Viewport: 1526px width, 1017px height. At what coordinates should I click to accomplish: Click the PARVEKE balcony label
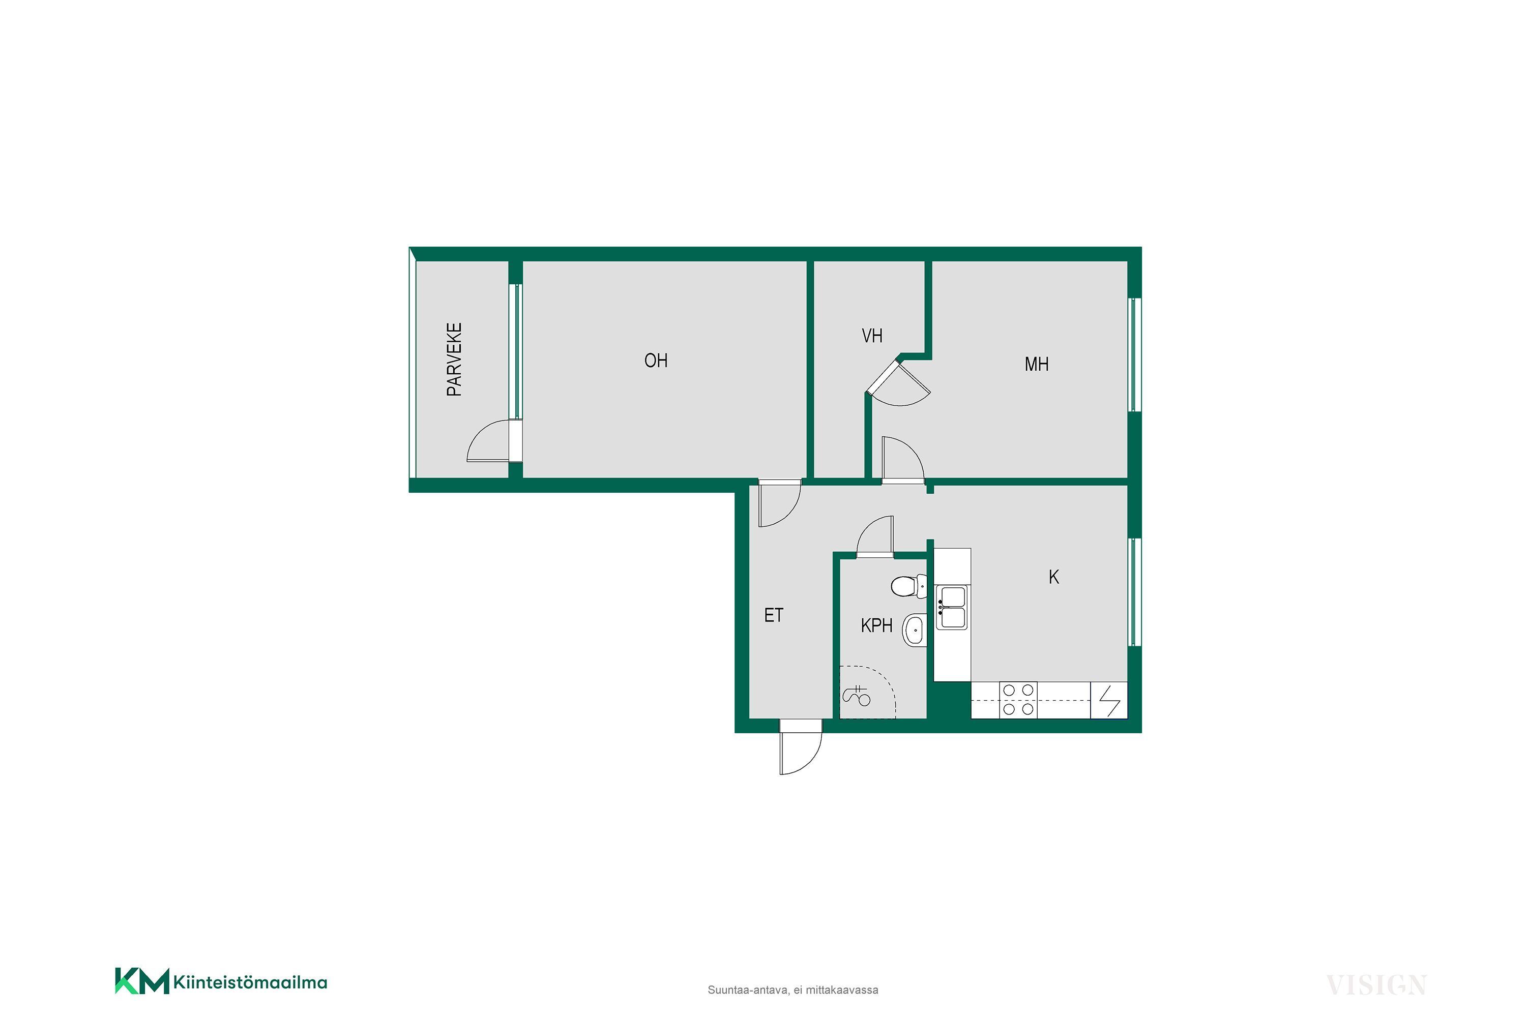pos(454,360)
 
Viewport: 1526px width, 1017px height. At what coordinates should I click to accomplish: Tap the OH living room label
pos(656,361)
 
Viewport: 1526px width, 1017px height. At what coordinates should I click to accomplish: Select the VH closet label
pos(872,336)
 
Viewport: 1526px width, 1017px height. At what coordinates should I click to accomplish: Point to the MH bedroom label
pos(1036,365)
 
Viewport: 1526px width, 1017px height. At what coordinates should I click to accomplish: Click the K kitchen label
pos(1053,577)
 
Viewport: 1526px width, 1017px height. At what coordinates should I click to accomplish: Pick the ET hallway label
pos(773,615)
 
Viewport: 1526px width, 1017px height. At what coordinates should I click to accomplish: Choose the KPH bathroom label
pos(876,625)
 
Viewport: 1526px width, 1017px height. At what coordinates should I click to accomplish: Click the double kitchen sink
pos(952,607)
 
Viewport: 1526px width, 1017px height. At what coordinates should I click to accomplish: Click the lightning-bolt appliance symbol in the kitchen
pos(1109,701)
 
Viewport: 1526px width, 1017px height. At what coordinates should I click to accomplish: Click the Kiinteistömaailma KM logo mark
pos(142,981)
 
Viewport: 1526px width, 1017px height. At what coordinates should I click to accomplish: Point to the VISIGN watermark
pos(1375,984)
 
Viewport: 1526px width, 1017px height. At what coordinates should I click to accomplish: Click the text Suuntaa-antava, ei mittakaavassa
pos(793,990)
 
